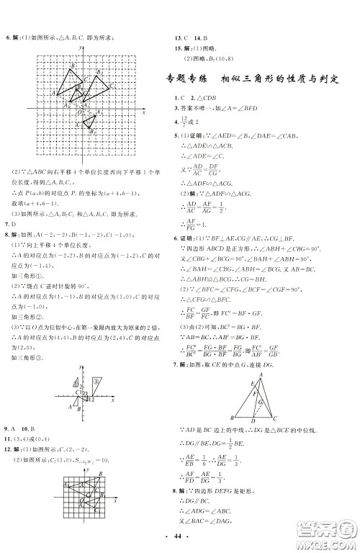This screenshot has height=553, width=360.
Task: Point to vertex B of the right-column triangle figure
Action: coord(236,417)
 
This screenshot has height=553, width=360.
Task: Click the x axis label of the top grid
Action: coord(144,114)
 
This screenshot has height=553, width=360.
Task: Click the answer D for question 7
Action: coord(12,225)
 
